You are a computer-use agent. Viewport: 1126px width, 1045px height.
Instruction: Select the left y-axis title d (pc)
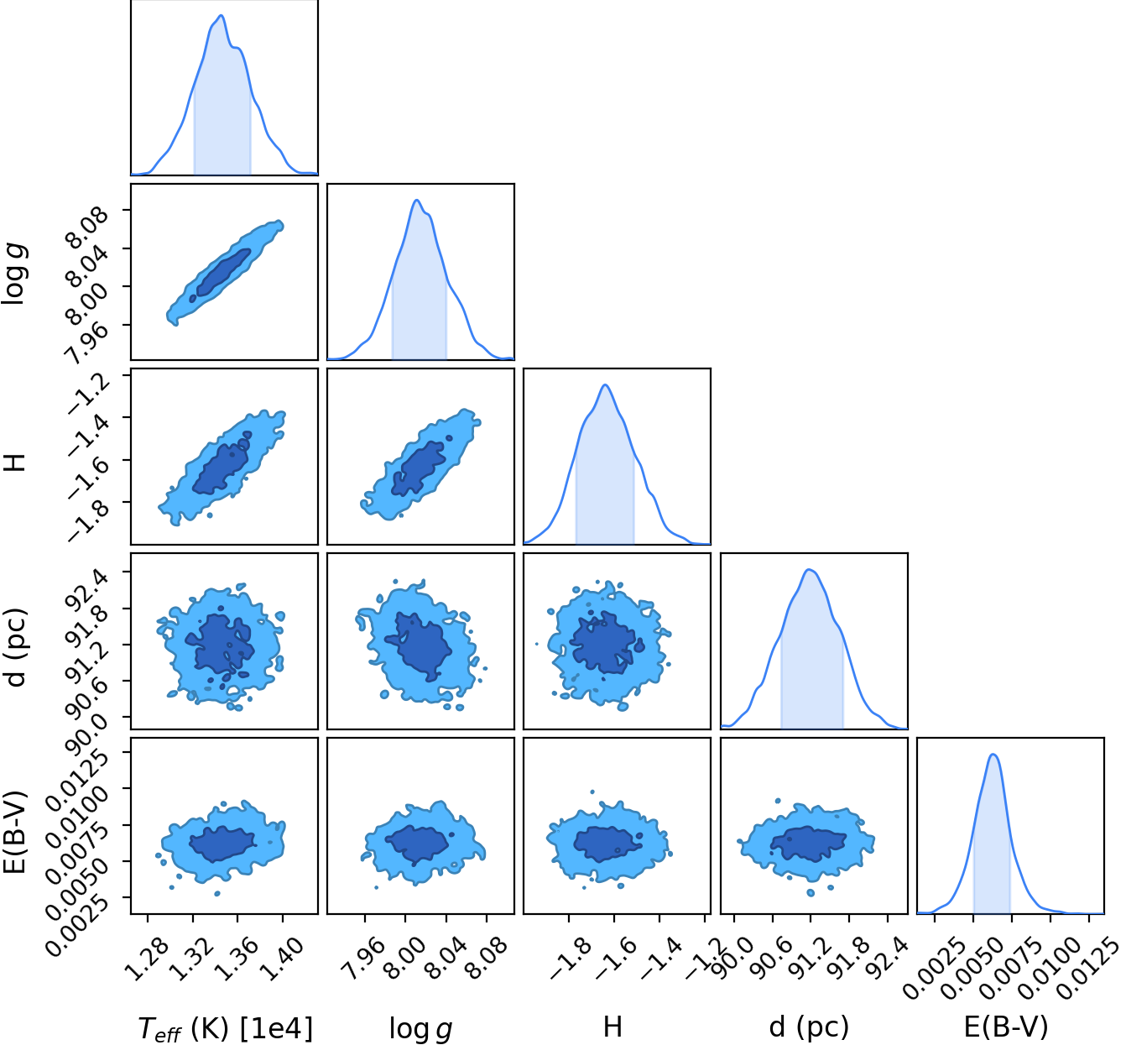tap(15, 647)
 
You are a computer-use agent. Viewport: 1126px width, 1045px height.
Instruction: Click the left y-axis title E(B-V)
tap(15, 832)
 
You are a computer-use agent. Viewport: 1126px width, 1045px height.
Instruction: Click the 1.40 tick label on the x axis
tap(283, 960)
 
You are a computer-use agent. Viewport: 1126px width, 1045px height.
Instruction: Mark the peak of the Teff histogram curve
tap(222, 15)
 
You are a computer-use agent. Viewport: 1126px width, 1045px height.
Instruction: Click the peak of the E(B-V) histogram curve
tap(993, 754)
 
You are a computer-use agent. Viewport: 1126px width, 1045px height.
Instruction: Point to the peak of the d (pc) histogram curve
tap(810, 570)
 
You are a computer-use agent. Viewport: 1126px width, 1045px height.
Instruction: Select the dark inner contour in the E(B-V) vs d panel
tap(809, 844)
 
